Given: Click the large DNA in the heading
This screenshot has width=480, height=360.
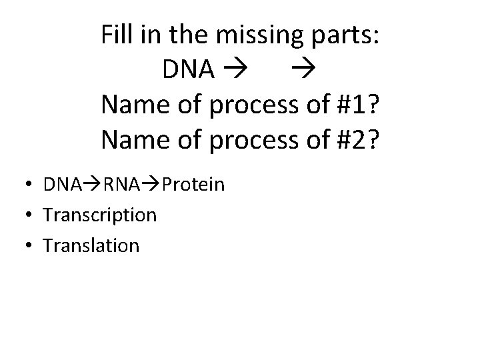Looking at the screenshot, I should [188, 69].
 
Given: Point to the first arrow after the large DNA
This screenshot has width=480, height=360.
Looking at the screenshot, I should [235, 69].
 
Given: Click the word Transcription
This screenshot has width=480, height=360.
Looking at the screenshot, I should [99, 215].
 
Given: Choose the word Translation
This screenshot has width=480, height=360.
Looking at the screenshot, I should [91, 246].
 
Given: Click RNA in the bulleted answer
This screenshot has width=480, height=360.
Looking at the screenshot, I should [121, 184].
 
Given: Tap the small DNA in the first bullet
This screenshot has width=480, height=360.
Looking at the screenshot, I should [59, 184].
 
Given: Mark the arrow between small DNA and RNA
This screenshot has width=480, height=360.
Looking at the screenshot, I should [89, 184].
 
